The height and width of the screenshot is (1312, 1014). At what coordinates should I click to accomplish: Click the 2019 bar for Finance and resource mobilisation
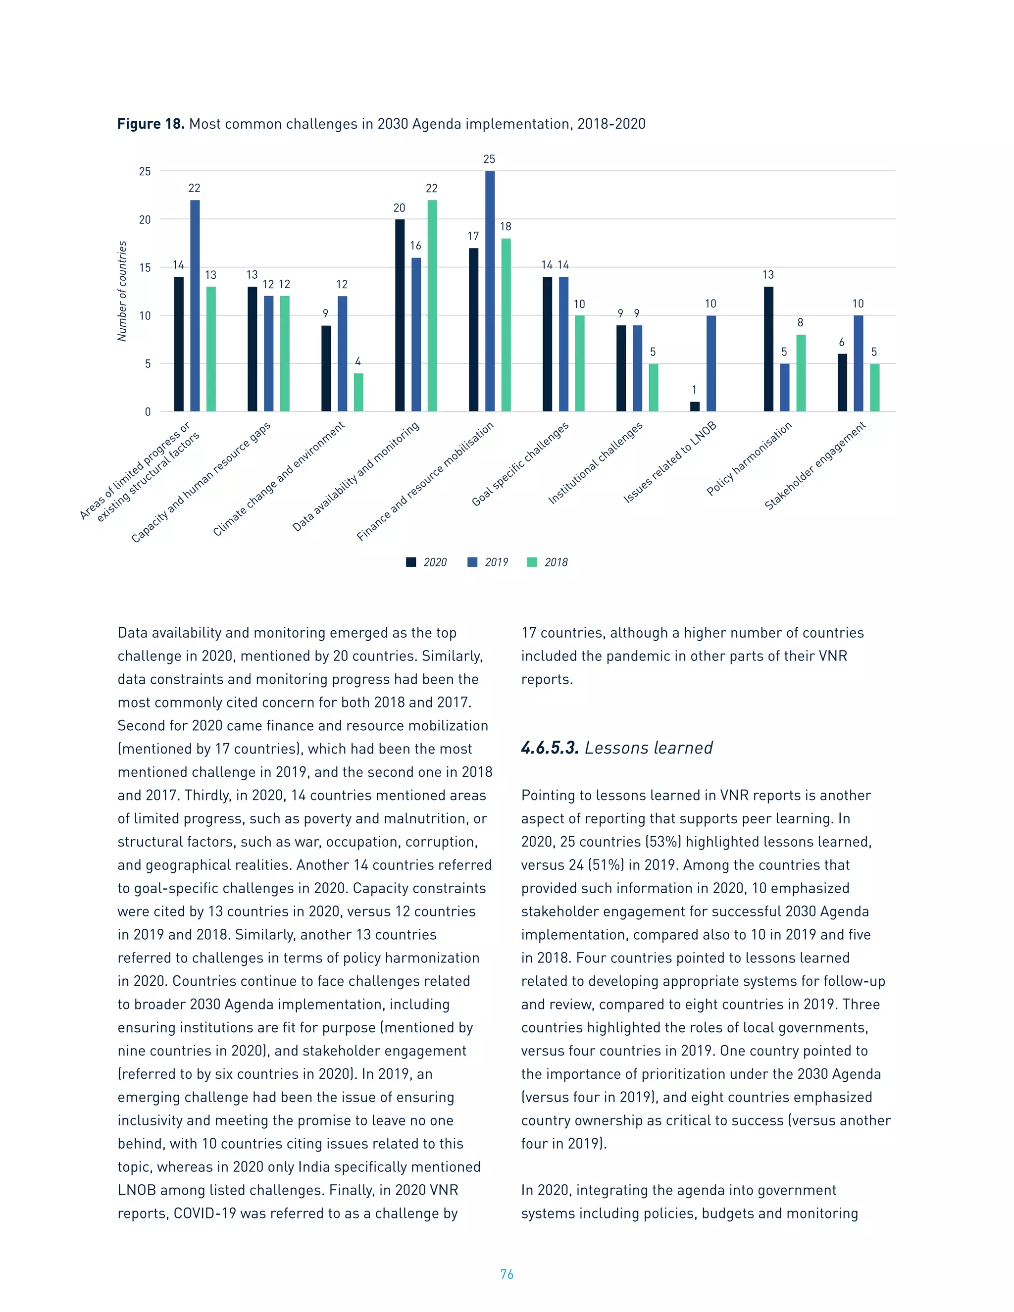(x=490, y=291)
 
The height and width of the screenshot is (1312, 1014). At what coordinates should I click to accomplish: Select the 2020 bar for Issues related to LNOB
(x=695, y=406)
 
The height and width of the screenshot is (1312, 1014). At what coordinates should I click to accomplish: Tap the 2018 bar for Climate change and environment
(x=358, y=392)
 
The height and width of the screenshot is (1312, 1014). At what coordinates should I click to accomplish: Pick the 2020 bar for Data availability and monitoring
(x=400, y=315)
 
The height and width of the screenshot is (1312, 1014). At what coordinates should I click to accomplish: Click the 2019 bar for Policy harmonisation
(x=785, y=388)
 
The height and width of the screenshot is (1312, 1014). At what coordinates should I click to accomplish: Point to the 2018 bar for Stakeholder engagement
(x=875, y=388)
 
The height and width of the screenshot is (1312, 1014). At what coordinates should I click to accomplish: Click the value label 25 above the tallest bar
(x=489, y=159)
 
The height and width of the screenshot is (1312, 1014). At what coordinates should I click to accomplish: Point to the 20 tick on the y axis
(x=145, y=220)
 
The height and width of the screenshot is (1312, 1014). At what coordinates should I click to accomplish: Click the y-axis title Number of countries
(x=123, y=291)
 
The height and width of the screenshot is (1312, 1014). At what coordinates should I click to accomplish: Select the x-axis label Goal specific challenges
(x=520, y=464)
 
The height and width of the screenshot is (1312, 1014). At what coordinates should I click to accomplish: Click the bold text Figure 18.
(x=150, y=124)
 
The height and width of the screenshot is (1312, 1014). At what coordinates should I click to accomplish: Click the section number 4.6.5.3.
(x=549, y=748)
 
